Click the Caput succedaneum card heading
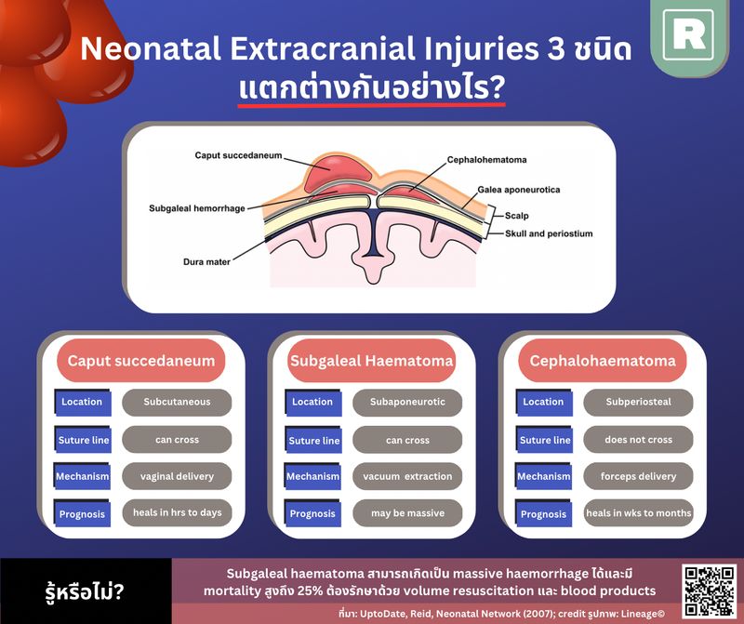click(x=141, y=361)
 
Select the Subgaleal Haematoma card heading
click(x=371, y=361)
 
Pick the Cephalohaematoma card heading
click(x=602, y=361)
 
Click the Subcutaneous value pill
click(x=177, y=403)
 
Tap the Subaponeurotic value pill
click(x=407, y=403)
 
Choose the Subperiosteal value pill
click(x=638, y=403)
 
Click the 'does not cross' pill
click(x=638, y=440)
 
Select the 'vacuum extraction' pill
click(x=407, y=476)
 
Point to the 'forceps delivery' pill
click(x=638, y=476)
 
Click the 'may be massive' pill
click(x=407, y=513)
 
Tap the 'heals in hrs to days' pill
click(x=177, y=513)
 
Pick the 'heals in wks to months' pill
click(x=638, y=513)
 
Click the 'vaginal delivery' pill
click(x=177, y=476)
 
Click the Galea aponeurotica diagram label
click(x=518, y=190)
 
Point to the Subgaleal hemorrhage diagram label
click(x=196, y=208)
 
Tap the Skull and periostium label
click(x=548, y=233)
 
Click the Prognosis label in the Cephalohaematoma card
click(x=543, y=514)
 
